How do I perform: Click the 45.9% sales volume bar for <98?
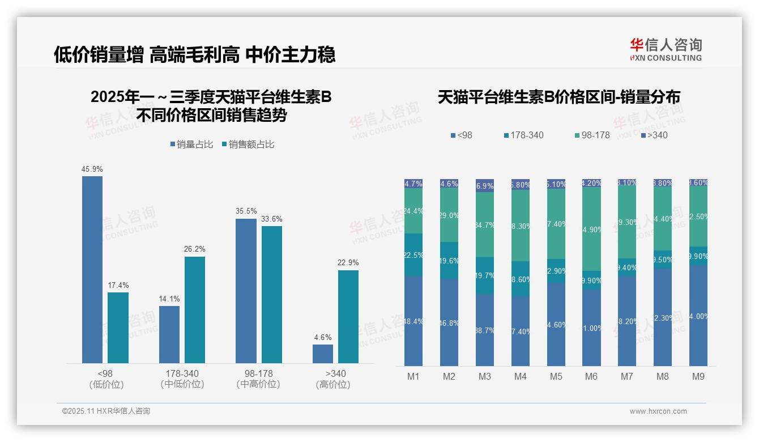(x=92, y=269)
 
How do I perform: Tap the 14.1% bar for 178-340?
(x=169, y=334)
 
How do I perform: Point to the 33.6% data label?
(x=272, y=219)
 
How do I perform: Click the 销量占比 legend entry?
(x=191, y=144)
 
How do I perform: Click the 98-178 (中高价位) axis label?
(x=258, y=379)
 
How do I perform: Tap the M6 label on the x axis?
(x=591, y=377)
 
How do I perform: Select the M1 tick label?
(x=413, y=377)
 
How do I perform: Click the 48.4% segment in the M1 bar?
(x=413, y=321)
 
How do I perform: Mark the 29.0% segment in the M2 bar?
(x=449, y=215)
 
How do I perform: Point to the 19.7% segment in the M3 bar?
(x=485, y=276)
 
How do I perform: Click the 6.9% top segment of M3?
(x=485, y=186)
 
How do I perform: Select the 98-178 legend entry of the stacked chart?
(x=592, y=135)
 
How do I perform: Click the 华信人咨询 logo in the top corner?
(x=666, y=49)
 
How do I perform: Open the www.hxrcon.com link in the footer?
(x=658, y=411)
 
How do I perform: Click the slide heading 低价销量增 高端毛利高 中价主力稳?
(x=195, y=54)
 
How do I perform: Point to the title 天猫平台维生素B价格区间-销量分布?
(x=559, y=97)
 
